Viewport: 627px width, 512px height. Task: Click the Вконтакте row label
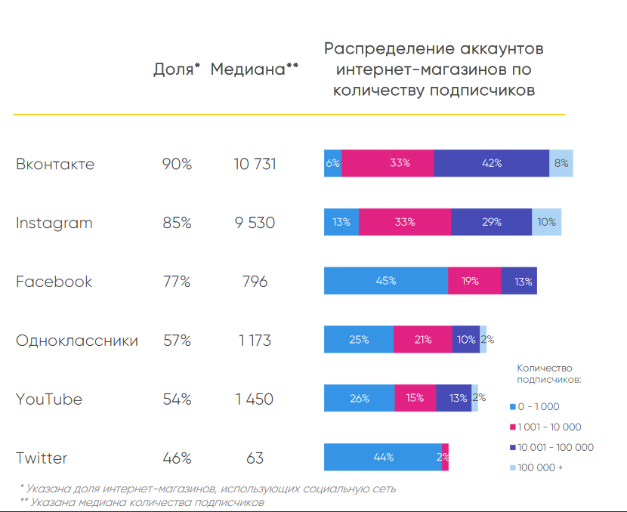pyautogui.click(x=55, y=164)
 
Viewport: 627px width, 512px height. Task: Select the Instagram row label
pyautogui.click(x=54, y=223)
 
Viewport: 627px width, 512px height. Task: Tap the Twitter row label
pyautogui.click(x=42, y=458)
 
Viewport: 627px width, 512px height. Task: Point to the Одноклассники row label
pyautogui.click(x=77, y=341)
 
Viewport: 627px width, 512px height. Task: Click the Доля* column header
pyautogui.click(x=176, y=69)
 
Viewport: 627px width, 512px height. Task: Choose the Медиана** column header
pyautogui.click(x=255, y=69)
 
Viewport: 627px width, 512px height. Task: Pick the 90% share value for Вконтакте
pyautogui.click(x=176, y=164)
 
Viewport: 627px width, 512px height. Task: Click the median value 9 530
pyautogui.click(x=255, y=223)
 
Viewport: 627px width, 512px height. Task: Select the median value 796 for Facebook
pyautogui.click(x=255, y=282)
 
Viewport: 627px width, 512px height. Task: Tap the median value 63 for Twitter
pyautogui.click(x=255, y=458)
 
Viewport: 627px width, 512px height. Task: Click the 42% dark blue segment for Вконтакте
pyautogui.click(x=491, y=163)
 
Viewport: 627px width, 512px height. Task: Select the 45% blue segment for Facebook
pyautogui.click(x=385, y=281)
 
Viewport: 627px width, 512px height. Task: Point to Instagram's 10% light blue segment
pyautogui.click(x=546, y=222)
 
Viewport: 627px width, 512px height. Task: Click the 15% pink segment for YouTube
pyautogui.click(x=415, y=398)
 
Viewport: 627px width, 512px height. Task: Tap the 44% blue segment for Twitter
pyautogui.click(x=383, y=457)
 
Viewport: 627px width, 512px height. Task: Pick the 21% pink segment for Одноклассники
pyautogui.click(x=422, y=340)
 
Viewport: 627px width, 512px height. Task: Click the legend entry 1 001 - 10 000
pyautogui.click(x=548, y=427)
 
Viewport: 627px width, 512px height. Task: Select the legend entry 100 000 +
pyautogui.click(x=539, y=467)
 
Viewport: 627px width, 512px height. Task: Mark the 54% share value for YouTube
pyautogui.click(x=176, y=399)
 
